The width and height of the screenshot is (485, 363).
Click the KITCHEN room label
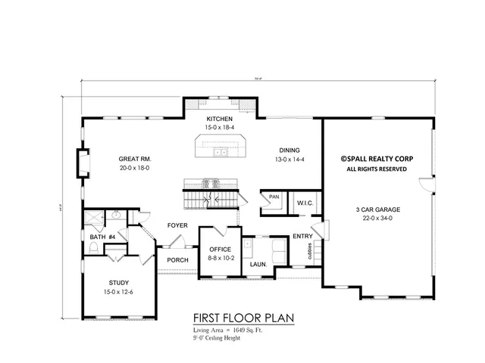point(219,119)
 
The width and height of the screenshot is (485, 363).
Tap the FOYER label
point(177,225)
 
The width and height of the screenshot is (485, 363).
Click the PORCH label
point(177,259)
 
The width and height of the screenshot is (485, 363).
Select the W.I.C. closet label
point(305,203)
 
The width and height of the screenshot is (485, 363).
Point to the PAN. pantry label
point(274,197)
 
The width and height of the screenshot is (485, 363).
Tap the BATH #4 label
point(102,237)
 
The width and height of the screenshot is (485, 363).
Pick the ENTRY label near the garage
point(302,236)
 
